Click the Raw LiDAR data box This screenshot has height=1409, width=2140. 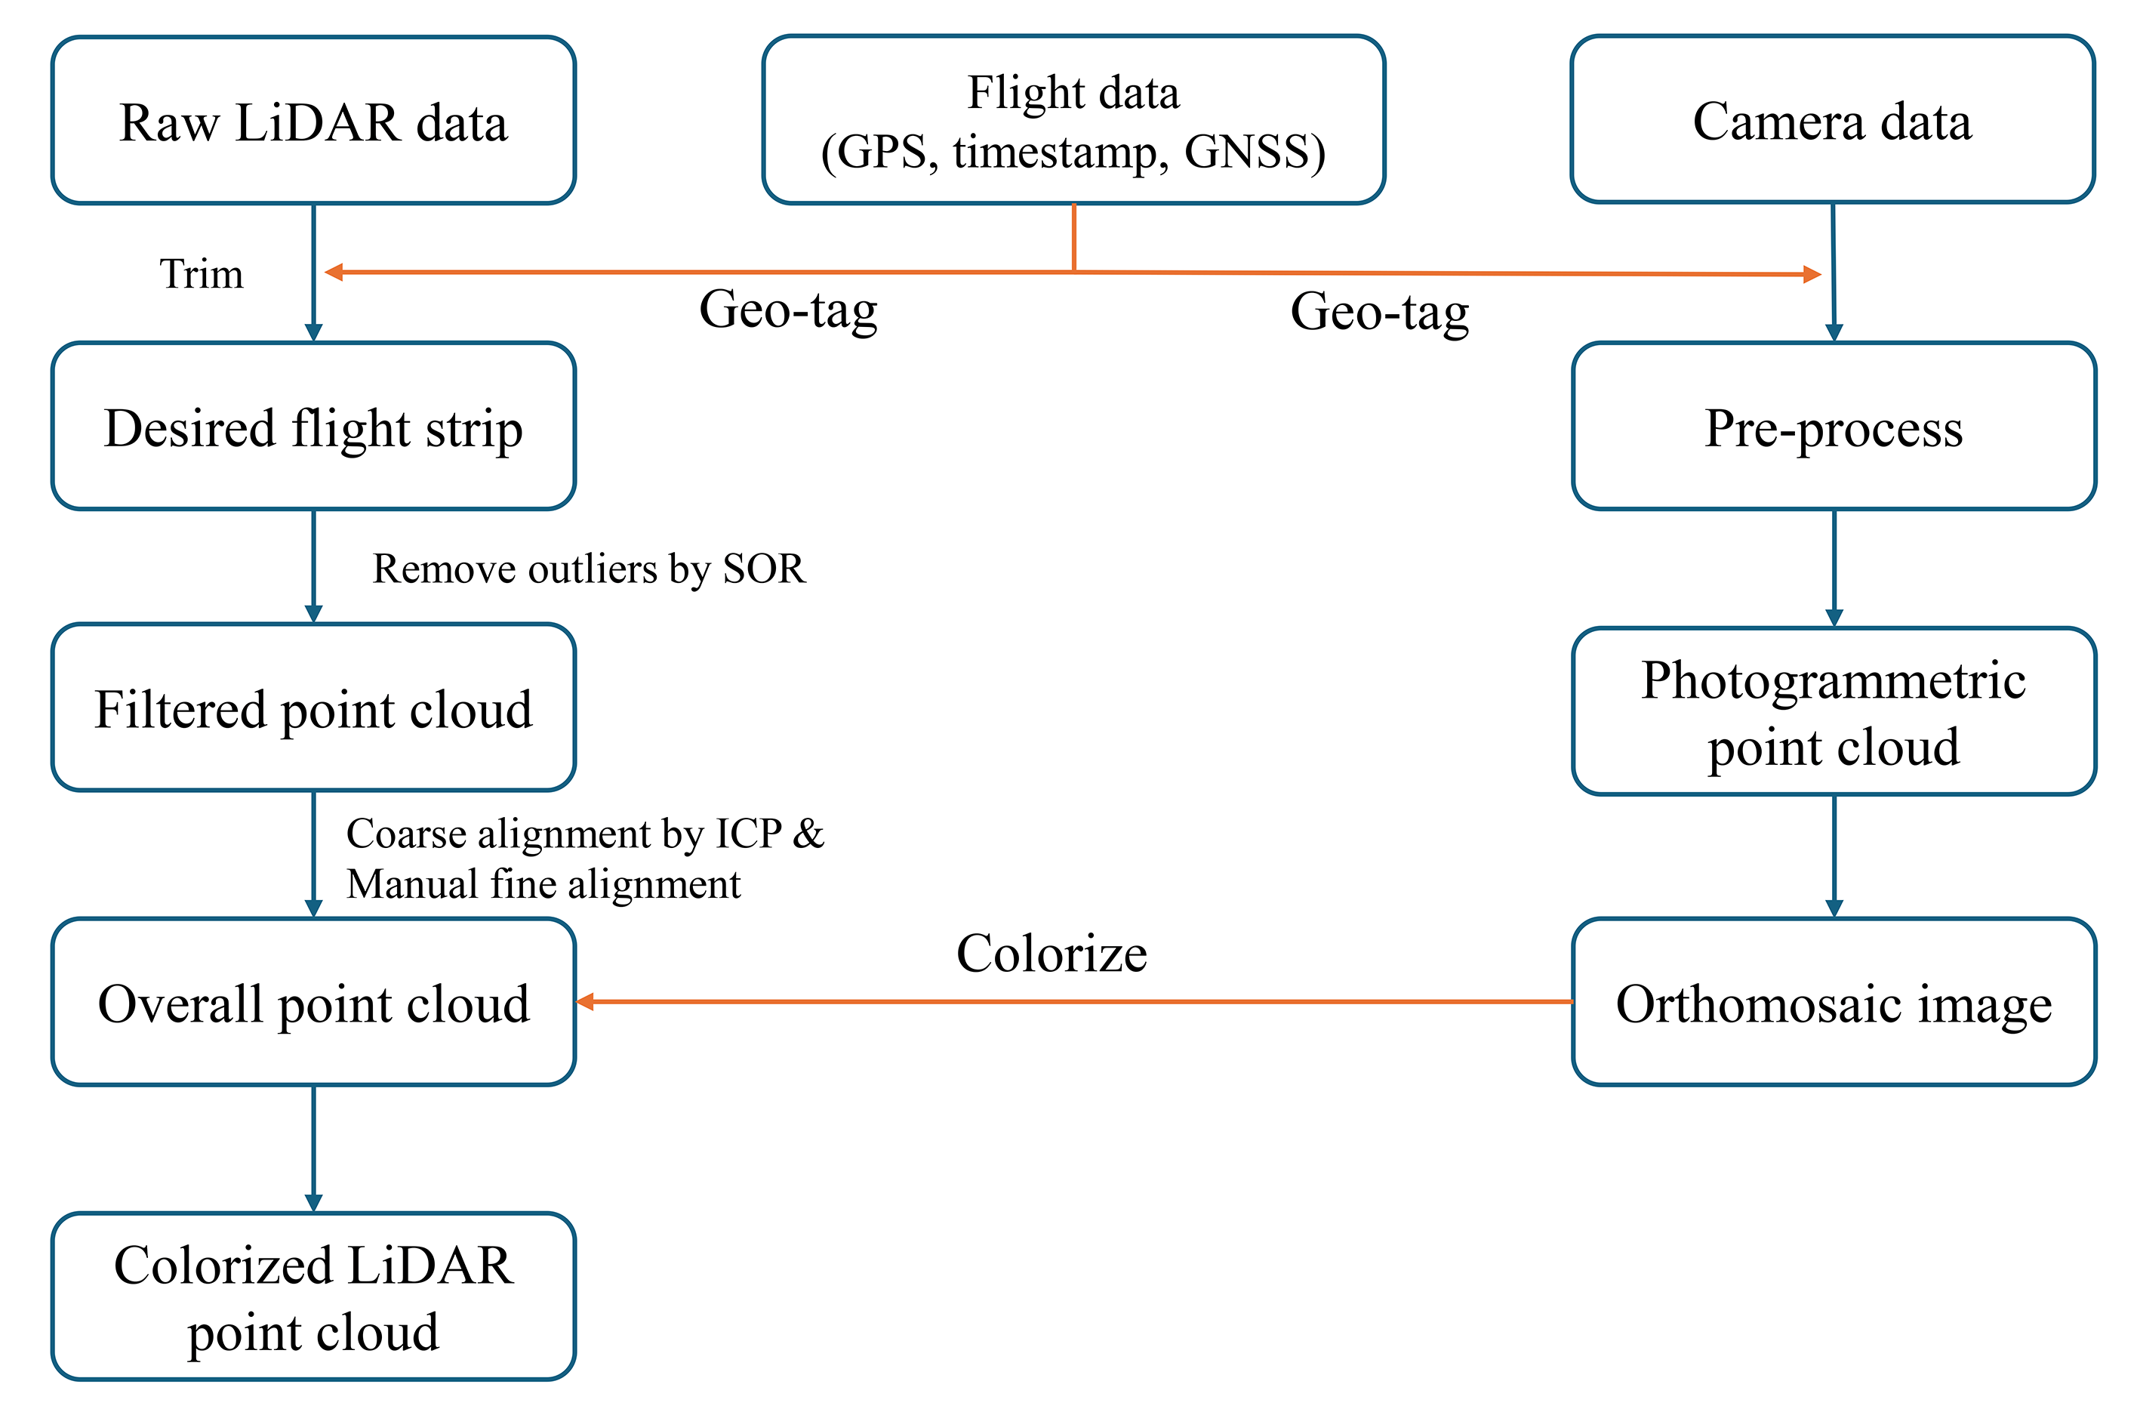(313, 121)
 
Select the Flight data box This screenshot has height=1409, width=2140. (1073, 121)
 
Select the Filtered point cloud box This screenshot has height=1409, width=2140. (313, 708)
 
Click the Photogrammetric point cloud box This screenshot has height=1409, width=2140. (1834, 711)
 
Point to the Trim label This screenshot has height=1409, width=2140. (202, 273)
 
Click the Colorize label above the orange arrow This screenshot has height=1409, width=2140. (1051, 953)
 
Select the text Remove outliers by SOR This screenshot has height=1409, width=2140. (589, 569)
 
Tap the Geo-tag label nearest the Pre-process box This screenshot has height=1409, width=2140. (1379, 312)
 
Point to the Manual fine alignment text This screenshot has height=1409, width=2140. (544, 884)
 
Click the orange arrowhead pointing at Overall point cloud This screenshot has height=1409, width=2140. (585, 1002)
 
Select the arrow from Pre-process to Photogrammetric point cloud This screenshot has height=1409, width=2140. (1834, 567)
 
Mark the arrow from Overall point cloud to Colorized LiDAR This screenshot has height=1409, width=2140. (313, 1148)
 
